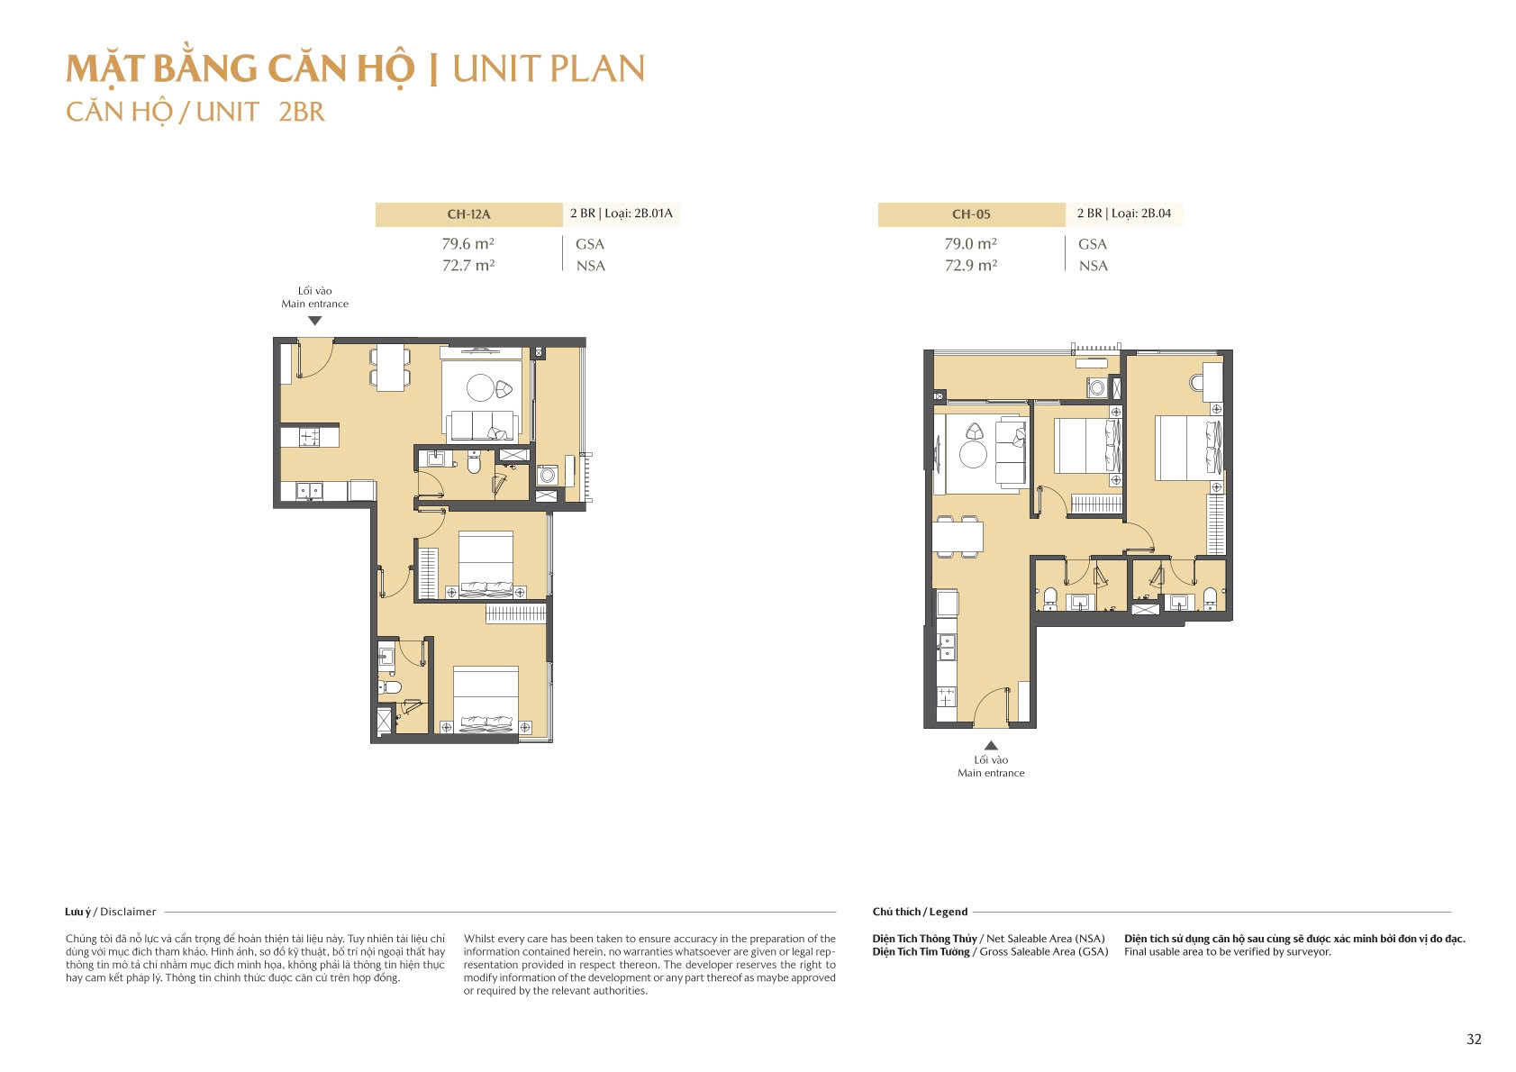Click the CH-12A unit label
coord(468,214)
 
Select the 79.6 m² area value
coord(468,244)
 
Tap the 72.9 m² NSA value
coord(970,266)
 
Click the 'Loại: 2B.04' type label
coord(1140,213)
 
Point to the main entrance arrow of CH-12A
coord(314,321)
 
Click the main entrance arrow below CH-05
coord(991,745)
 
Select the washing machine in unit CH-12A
coord(547,475)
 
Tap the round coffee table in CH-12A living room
coord(480,387)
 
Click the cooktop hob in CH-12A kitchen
coord(309,437)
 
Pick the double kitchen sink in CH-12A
coord(309,491)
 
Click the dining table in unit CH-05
coord(958,537)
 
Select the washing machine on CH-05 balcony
coord(1097,388)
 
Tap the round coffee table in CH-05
coord(973,455)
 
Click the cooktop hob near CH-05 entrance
coord(947,697)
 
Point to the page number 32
coord(1474,1039)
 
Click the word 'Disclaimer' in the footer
coord(128,912)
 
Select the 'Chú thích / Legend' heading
coord(920,912)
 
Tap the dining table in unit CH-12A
coord(390,367)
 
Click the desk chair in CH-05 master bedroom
coord(1196,383)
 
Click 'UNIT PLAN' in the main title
coord(549,69)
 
